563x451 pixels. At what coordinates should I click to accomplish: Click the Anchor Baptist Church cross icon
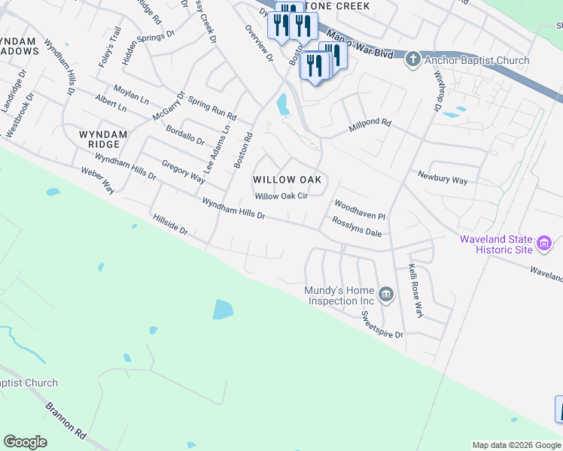point(412,59)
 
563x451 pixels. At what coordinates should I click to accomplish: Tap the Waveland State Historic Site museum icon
point(544,244)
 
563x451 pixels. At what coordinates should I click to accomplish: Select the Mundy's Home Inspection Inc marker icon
point(385,293)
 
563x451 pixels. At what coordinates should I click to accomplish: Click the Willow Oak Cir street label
point(281,196)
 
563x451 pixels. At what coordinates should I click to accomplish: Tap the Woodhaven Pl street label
point(360,210)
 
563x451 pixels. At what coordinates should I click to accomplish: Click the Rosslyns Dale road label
point(357,227)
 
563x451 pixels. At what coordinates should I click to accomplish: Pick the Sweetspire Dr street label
point(382,324)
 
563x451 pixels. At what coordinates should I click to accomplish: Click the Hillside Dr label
point(169,225)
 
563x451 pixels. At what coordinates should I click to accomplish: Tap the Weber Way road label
point(98,180)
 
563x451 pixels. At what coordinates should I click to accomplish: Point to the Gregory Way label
point(183,172)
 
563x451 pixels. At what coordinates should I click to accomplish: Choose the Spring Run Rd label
point(212,109)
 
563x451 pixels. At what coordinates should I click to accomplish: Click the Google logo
point(26,442)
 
